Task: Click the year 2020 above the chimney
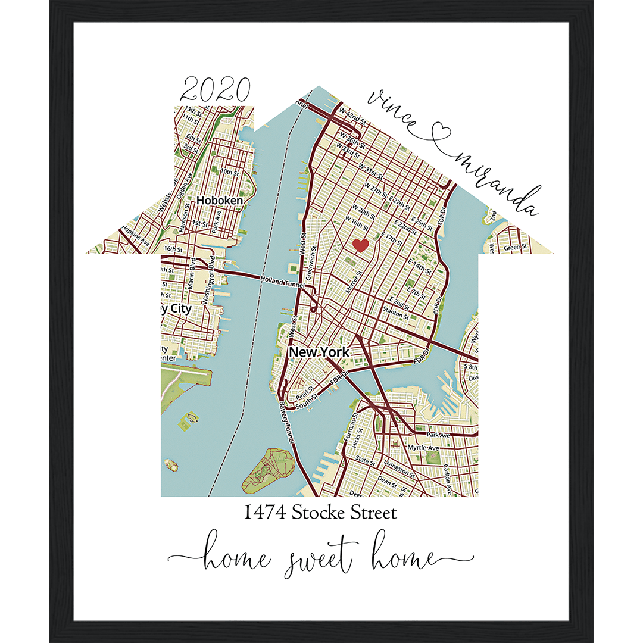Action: (215, 91)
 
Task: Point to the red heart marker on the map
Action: (360, 245)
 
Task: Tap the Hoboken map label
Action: (220, 201)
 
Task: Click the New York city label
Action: (319, 352)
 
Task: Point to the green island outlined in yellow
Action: (264, 470)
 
